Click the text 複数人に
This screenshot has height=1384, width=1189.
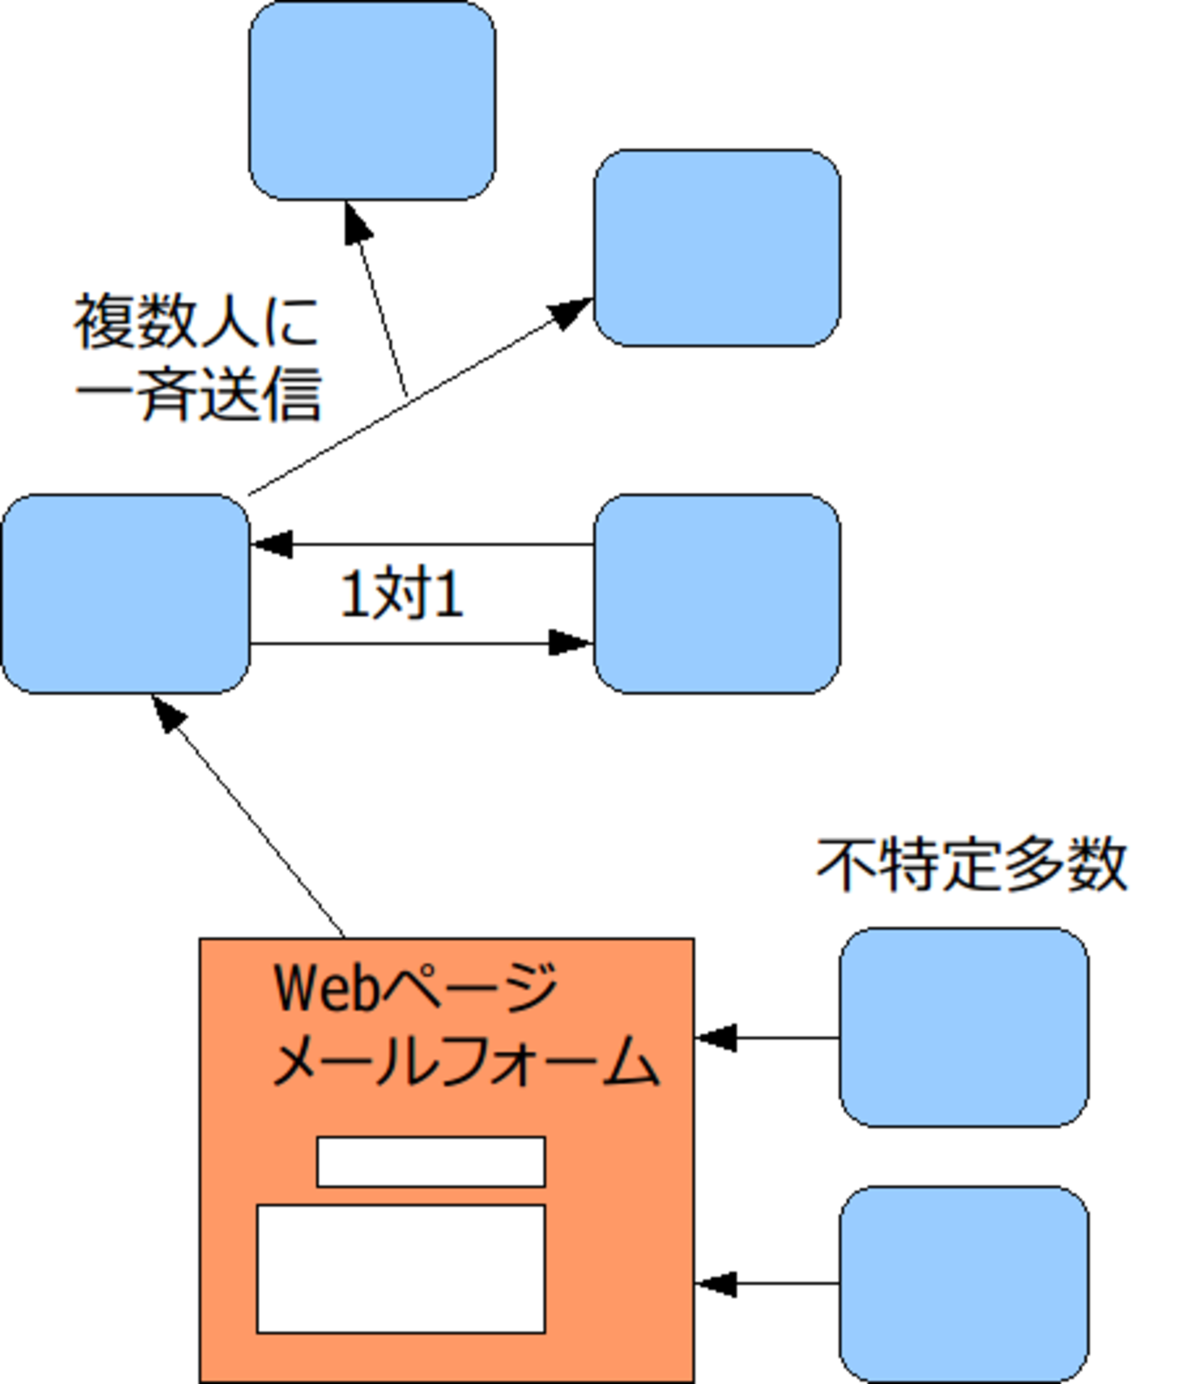click(196, 322)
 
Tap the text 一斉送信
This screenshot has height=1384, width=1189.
click(198, 395)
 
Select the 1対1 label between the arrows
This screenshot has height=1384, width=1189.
click(402, 594)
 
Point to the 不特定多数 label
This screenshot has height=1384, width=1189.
click(971, 865)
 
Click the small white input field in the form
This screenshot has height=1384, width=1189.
click(431, 1162)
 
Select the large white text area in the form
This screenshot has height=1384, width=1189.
click(401, 1269)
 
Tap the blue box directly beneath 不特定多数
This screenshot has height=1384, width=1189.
click(964, 1027)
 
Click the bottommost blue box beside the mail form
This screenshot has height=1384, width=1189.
click(964, 1284)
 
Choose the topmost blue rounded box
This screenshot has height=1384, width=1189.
click(372, 101)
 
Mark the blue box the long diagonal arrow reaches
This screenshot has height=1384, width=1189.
click(717, 248)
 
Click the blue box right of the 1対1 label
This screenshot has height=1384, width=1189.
click(717, 594)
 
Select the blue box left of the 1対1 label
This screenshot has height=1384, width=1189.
click(125, 594)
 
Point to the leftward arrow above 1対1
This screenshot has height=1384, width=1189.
click(421, 544)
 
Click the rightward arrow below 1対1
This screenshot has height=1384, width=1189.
click(421, 644)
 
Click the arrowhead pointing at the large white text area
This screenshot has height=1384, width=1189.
click(715, 1283)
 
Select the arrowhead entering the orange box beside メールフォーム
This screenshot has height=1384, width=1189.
click(715, 1038)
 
